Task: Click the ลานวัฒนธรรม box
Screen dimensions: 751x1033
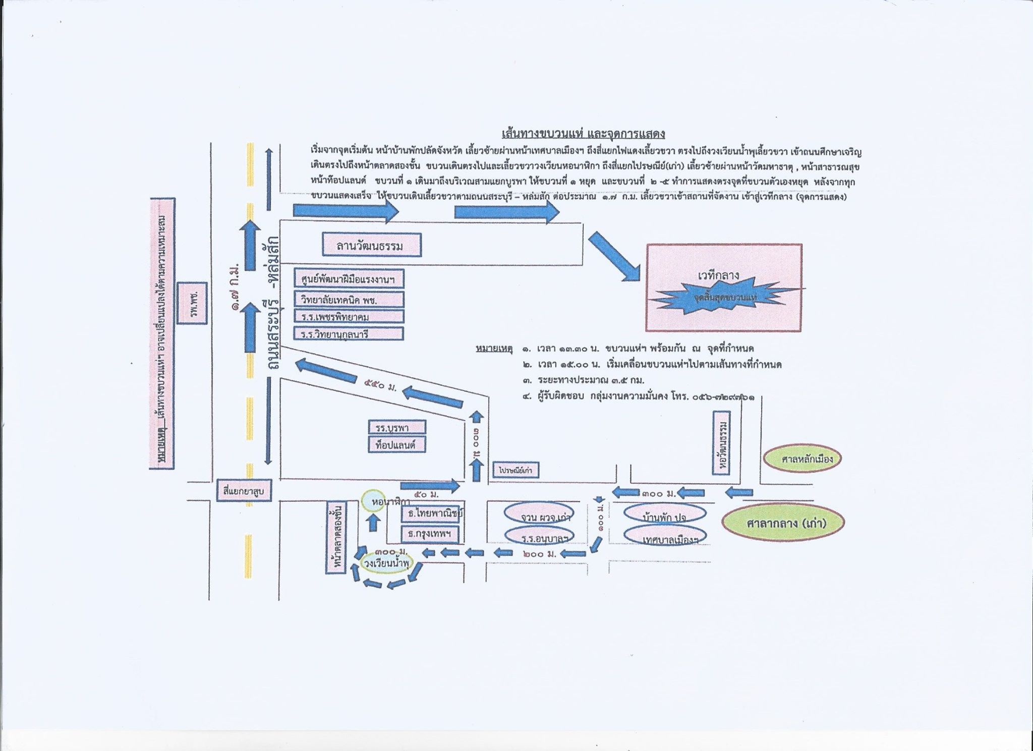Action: pos(372,245)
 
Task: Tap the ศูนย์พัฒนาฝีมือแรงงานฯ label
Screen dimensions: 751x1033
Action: pos(349,279)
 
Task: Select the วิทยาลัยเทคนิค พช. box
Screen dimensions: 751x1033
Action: pos(349,300)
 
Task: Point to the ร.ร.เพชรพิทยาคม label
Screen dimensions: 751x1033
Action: pos(349,316)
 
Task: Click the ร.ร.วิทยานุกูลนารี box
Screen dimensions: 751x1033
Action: pos(349,333)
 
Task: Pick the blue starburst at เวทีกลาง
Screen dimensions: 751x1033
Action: pos(725,297)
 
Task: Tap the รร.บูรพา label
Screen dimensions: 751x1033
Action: pos(396,427)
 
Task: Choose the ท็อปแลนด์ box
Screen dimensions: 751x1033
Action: pos(396,445)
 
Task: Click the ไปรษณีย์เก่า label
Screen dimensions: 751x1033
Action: pos(515,470)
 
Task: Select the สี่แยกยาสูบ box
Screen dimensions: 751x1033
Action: pos(244,490)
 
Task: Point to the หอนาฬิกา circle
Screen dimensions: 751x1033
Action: pos(374,501)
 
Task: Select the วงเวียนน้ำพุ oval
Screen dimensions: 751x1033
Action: pos(386,563)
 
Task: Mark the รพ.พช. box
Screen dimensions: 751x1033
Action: pos(192,303)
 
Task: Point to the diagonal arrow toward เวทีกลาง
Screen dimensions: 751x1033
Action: pos(614,256)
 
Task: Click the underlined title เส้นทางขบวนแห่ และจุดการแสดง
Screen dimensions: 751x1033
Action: pos(583,134)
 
